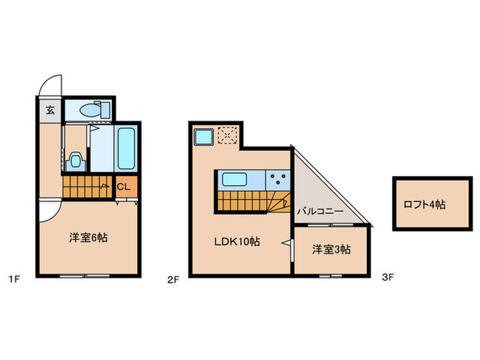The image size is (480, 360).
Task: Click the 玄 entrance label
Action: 50,110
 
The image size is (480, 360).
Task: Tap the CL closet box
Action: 125,186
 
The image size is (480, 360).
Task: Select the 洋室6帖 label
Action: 88,238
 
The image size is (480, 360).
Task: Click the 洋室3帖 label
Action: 331,250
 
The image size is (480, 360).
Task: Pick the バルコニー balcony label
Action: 320,212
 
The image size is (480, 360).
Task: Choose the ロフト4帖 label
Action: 424,204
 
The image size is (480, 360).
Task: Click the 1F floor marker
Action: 12,278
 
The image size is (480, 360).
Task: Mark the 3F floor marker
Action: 388,278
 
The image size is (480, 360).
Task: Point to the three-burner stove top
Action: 278,180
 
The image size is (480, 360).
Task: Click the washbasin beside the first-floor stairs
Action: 75,160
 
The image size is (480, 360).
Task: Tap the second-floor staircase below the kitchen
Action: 250,202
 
